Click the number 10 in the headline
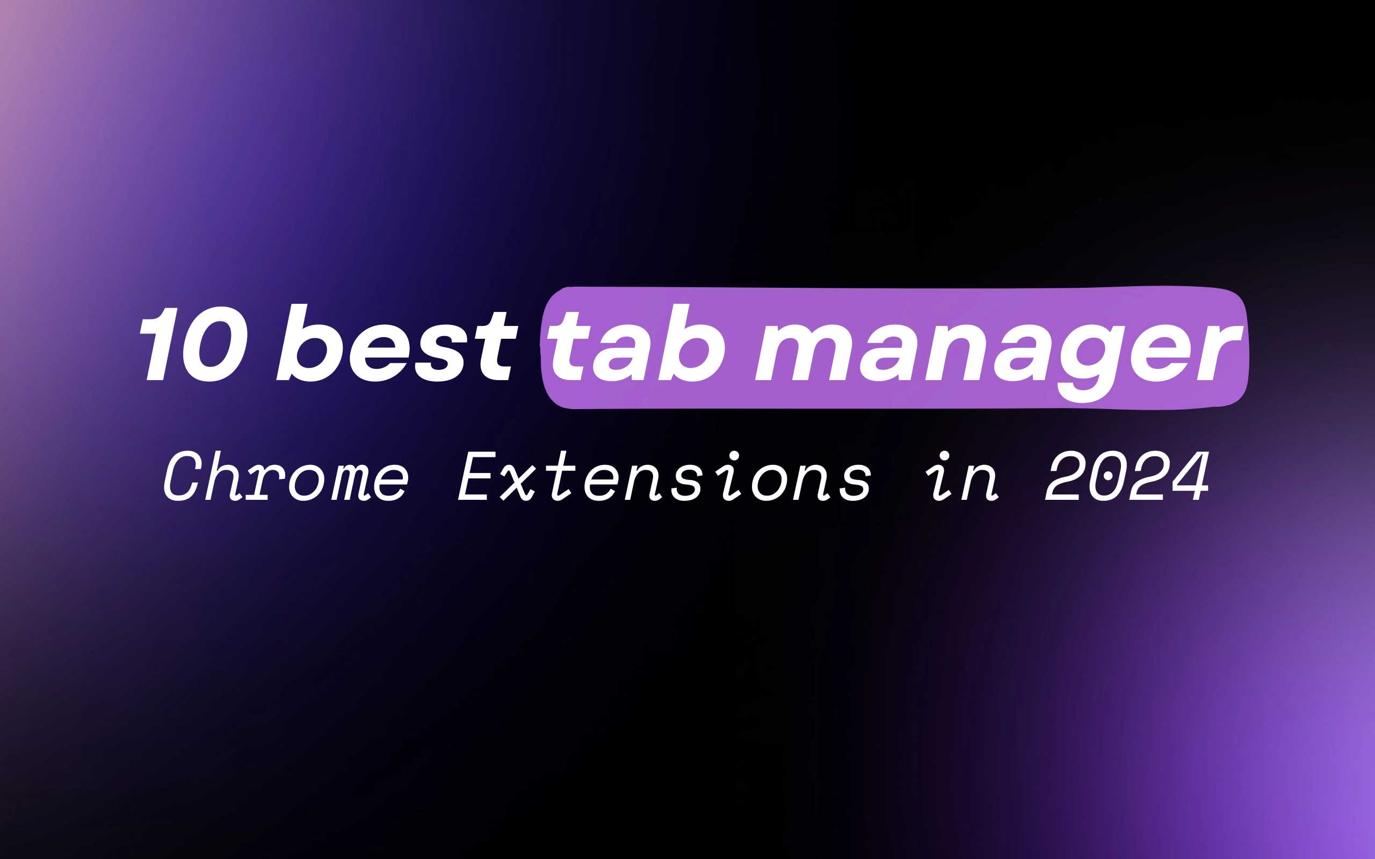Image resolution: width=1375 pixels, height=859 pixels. coord(193,344)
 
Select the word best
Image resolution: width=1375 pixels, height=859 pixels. coord(396,343)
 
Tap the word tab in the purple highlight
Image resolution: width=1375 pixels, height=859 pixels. coord(635,343)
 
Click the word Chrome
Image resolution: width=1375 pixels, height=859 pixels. coord(286,476)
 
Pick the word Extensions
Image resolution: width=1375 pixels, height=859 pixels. coord(664,476)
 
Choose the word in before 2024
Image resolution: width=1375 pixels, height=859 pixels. coord(961,476)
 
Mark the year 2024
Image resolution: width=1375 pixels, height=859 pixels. coord(1127,476)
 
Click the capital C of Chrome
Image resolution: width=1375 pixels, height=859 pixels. coord(183,476)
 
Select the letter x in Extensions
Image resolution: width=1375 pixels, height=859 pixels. coord(518,482)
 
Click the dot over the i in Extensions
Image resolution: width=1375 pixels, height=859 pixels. coord(734,456)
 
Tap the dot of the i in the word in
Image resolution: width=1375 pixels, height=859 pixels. coord(944,456)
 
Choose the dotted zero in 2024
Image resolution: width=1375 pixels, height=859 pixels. coord(1108,476)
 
